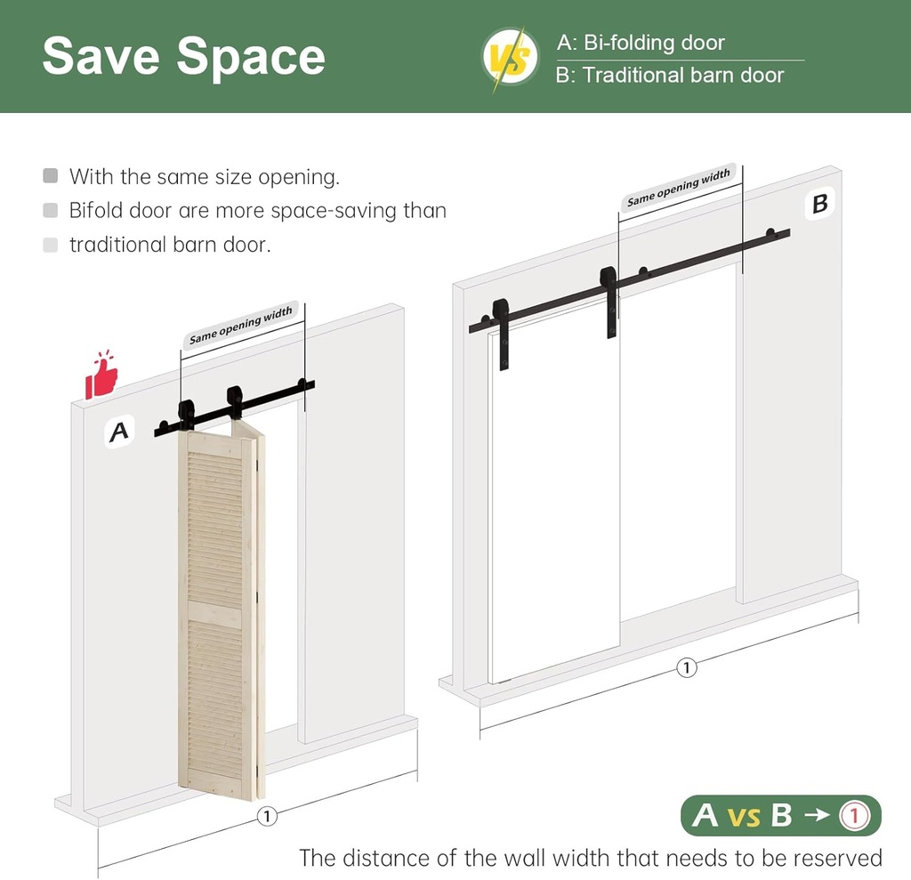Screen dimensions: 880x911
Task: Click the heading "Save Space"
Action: [183, 55]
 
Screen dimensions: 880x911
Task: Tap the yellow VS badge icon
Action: [511, 59]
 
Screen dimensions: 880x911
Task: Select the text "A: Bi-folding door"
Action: [641, 43]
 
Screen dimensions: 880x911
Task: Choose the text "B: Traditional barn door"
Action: [670, 76]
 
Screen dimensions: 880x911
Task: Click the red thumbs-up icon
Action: [101, 375]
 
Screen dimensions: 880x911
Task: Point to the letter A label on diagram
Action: [118, 432]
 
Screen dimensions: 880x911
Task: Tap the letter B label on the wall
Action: [819, 204]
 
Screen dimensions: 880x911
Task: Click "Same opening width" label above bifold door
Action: [240, 327]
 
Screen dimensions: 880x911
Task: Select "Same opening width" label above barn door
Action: [678, 188]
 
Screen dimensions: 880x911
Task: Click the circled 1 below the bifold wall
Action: [265, 816]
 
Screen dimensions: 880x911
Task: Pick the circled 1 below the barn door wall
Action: [685, 667]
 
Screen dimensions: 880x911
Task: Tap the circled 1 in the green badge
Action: [853, 815]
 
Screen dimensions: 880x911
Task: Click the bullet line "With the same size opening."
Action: [204, 177]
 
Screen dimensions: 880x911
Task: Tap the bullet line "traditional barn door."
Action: [169, 245]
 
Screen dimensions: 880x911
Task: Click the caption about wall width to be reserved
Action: [590, 858]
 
